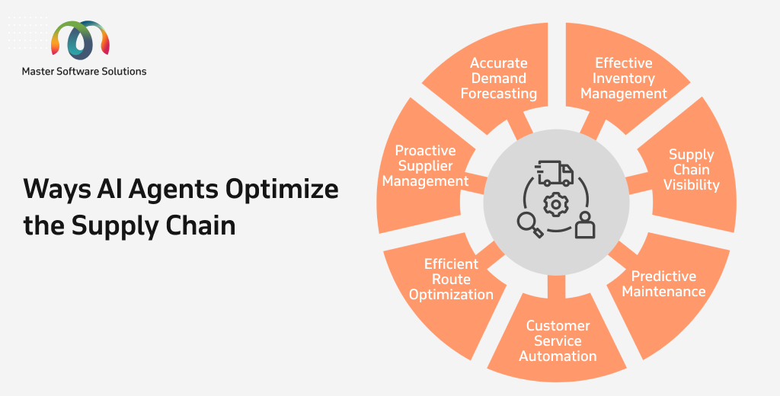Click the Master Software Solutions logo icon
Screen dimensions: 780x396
[x=80, y=40]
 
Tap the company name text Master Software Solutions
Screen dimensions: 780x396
[x=84, y=71]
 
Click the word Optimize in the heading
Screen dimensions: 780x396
[x=282, y=189]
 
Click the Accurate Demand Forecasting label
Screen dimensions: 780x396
[x=499, y=78]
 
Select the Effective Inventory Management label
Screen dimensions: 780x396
[x=624, y=78]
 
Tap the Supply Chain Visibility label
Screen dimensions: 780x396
[x=692, y=170]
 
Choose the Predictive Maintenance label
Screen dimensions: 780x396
[x=663, y=283]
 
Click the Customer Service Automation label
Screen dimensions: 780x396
[x=558, y=340]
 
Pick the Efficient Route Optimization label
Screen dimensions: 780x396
[x=451, y=279]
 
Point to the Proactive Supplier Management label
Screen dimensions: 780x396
[x=425, y=166]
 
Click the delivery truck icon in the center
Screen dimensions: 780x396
[x=555, y=173]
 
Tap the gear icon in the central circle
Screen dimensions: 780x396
[x=555, y=205]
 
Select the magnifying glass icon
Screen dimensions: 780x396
[x=529, y=225]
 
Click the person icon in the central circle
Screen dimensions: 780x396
[x=585, y=225]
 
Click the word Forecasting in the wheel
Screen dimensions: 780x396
[x=499, y=94]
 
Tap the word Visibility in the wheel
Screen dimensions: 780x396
[x=692, y=185]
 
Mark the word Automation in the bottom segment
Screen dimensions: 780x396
[x=558, y=356]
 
